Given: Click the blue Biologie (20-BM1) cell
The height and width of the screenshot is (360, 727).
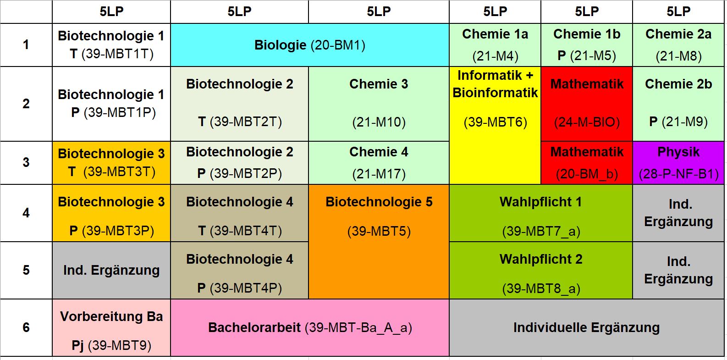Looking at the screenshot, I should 309,45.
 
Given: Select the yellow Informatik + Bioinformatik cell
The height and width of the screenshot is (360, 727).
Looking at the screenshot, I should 495,125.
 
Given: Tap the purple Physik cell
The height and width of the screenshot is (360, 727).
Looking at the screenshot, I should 678,163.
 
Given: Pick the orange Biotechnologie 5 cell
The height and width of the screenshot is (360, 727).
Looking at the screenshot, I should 379,242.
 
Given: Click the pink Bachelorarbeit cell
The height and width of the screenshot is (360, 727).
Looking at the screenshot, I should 310,327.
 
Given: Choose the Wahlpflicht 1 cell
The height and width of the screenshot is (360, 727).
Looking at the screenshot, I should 541,213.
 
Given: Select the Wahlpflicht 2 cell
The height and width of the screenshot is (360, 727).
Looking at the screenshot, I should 541,271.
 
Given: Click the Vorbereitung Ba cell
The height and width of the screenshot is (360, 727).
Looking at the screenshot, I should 111,328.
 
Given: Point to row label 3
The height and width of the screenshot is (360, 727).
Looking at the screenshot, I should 26,162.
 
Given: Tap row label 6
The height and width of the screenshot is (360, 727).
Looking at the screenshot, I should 26,327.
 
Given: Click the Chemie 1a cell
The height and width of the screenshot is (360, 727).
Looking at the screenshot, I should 495,45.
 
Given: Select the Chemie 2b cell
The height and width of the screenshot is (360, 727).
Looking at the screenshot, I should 678,104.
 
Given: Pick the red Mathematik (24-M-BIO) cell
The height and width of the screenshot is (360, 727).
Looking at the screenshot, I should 587,104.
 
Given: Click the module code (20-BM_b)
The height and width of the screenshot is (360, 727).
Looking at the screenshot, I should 587,174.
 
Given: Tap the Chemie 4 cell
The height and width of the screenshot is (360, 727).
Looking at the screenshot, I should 379,163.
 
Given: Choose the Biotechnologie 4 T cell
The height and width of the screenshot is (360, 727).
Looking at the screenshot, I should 239,213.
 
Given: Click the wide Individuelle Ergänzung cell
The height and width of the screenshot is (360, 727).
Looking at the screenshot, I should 587,327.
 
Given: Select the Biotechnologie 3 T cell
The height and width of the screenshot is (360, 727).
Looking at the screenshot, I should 111,163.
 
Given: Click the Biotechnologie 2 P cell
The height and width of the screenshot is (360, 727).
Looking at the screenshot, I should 239,163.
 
